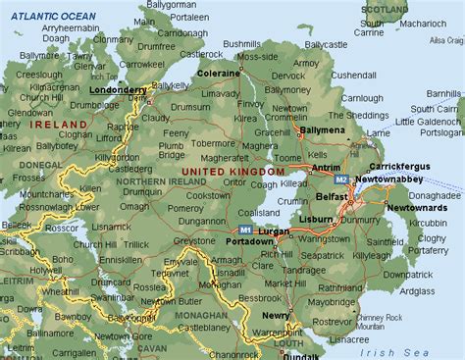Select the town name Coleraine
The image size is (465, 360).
(217, 73)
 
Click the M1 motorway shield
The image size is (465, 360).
(246, 231)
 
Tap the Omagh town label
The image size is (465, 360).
(134, 206)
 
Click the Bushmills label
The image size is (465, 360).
(241, 45)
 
